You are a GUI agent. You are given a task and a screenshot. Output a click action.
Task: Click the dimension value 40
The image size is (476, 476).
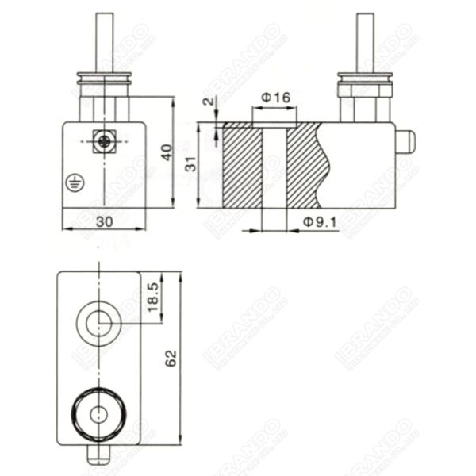pyautogui.click(x=166, y=152)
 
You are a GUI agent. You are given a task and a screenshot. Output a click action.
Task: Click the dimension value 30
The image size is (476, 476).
pyautogui.click(x=104, y=222)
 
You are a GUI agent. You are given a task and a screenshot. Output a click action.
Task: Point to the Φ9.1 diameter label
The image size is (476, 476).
pyautogui.click(x=321, y=225)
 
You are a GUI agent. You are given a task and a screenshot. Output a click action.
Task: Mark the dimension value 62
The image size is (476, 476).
pyautogui.click(x=170, y=358)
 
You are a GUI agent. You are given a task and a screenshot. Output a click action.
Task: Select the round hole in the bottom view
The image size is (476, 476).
pyautogui.click(x=98, y=321)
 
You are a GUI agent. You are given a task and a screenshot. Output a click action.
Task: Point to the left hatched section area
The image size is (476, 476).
pyautogui.click(x=243, y=165)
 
